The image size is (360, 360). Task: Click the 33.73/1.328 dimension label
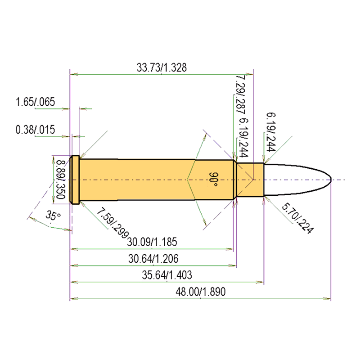click(x=162, y=67)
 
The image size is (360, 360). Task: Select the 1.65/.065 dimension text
click(x=35, y=102)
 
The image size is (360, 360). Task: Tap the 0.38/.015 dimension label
click(x=35, y=130)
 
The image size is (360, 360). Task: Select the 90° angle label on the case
click(x=214, y=180)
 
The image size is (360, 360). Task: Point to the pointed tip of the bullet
click(x=331, y=180)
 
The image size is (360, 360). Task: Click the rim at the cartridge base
click(x=75, y=180)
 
